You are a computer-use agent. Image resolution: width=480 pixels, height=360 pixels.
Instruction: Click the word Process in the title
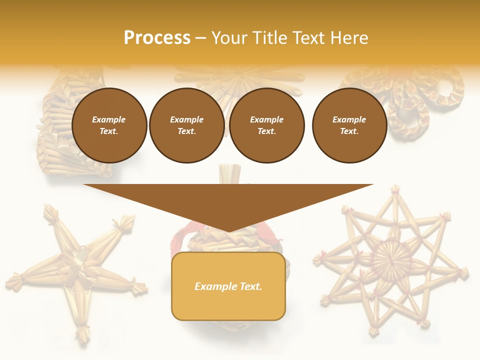pyautogui.click(x=157, y=38)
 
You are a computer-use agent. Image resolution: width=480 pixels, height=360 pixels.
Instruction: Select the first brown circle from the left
pyautogui.click(x=109, y=125)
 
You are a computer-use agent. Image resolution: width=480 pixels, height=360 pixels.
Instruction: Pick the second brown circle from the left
pyautogui.click(x=187, y=125)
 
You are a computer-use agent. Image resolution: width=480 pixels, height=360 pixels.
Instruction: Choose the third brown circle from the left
pyautogui.click(x=267, y=125)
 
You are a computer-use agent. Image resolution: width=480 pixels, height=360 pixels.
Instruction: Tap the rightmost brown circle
pyautogui.click(x=349, y=125)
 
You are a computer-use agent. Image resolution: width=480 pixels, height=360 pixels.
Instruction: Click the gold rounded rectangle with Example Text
pyautogui.click(x=228, y=286)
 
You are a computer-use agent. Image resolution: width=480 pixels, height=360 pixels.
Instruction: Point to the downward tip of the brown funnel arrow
pyautogui.click(x=228, y=231)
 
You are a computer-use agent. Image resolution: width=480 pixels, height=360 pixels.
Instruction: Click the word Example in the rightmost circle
pyautogui.click(x=349, y=119)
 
